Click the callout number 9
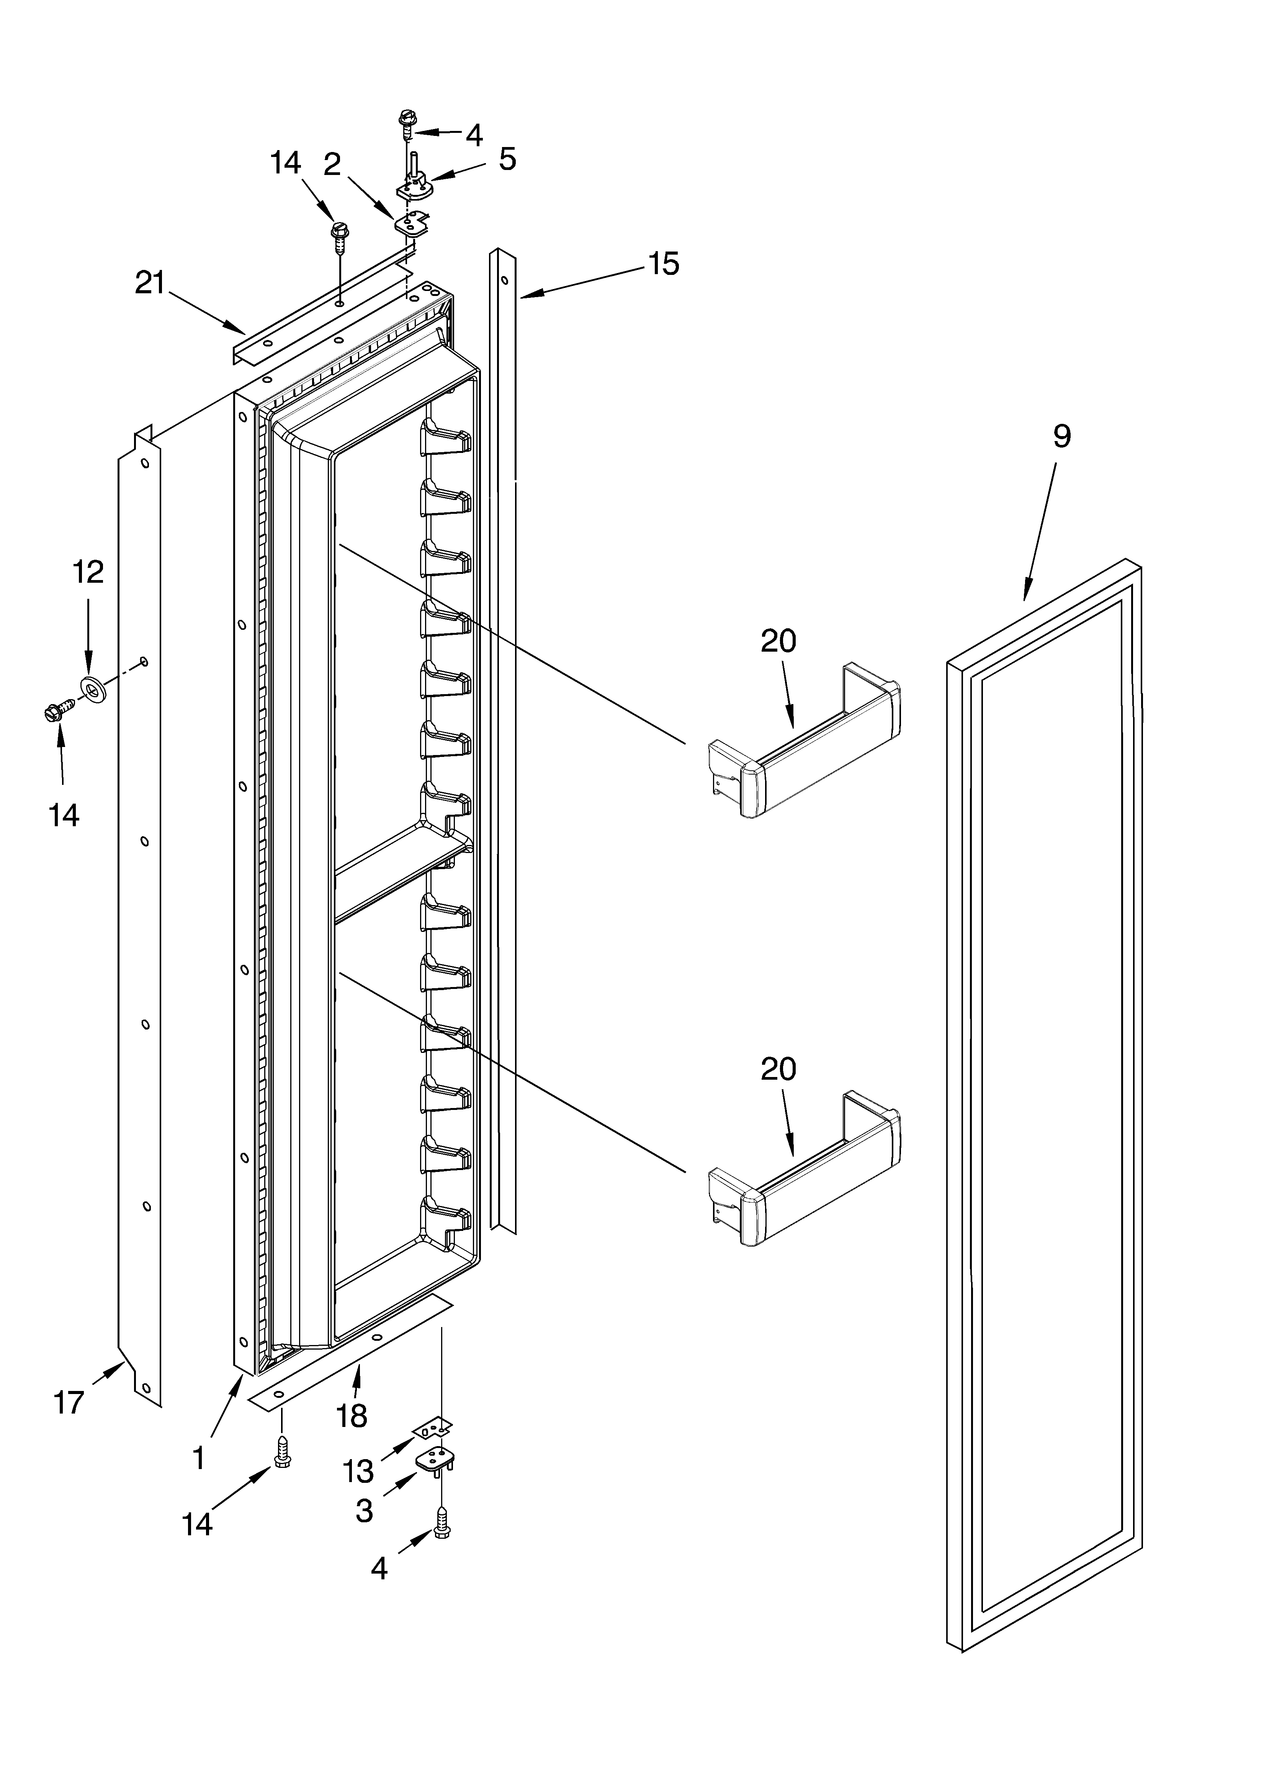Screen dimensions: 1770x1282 coord(1061,436)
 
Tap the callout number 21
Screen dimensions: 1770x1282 coord(150,283)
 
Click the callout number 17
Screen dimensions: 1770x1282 coord(69,1424)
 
